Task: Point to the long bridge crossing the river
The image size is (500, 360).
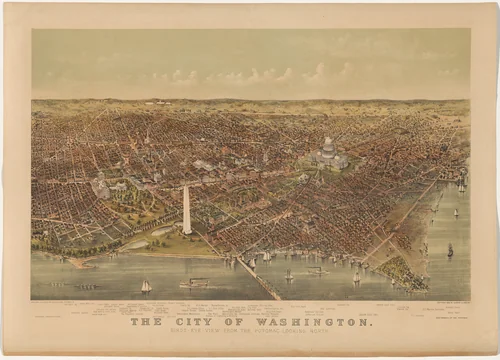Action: point(258,278)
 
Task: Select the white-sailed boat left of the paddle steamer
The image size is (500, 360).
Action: point(146,286)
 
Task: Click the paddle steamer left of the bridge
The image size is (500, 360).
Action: point(194,283)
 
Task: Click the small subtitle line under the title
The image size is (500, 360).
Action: point(250,332)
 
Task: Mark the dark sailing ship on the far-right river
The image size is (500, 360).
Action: point(450,250)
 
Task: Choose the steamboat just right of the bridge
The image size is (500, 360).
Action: point(315,270)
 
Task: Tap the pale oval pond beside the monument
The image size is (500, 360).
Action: point(160,231)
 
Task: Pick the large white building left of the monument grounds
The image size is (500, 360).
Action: point(101,187)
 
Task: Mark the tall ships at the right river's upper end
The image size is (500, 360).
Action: point(461,185)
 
